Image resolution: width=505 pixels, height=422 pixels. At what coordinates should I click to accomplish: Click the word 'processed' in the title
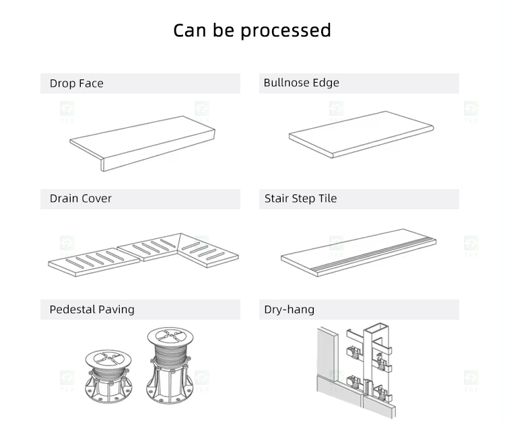pyautogui.click(x=285, y=31)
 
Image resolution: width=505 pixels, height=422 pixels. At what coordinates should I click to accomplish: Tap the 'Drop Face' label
pyautogui.click(x=77, y=83)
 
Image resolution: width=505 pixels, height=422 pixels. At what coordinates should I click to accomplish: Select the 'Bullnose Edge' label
pyautogui.click(x=302, y=83)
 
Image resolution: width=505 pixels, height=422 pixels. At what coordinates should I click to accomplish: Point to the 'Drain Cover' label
pyautogui.click(x=81, y=199)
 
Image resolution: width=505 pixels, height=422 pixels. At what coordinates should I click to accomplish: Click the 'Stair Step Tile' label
pyautogui.click(x=300, y=199)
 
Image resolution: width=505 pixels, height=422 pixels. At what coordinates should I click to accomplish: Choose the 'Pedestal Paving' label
pyautogui.click(x=92, y=310)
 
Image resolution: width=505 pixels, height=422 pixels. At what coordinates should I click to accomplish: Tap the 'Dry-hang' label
pyautogui.click(x=290, y=310)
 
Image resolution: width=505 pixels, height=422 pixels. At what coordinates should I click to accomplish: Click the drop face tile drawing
pyautogui.click(x=142, y=143)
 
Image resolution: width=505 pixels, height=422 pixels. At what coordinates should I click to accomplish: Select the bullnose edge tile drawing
pyautogui.click(x=362, y=134)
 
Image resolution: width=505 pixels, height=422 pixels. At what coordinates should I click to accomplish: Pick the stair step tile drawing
pyautogui.click(x=358, y=252)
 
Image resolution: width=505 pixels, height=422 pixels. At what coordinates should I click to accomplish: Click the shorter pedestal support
pyautogui.click(x=108, y=376)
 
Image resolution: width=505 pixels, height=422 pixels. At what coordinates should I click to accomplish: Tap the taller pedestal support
pyautogui.click(x=170, y=365)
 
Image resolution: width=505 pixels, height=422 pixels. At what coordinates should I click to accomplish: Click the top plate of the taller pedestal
pyautogui.click(x=170, y=337)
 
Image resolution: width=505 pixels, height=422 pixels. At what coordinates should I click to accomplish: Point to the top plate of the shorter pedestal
pyautogui.click(x=108, y=359)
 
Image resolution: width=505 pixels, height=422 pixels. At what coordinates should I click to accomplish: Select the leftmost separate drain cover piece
pyautogui.click(x=94, y=262)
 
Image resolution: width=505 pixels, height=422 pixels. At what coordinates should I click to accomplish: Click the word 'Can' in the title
pyautogui.click(x=190, y=30)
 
